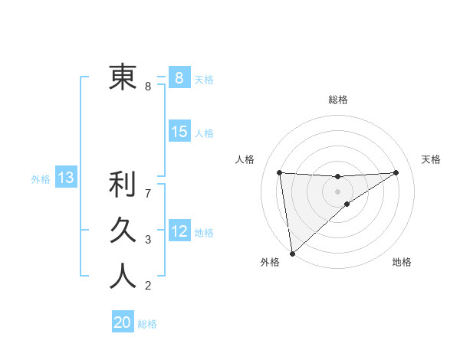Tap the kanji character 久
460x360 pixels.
pyautogui.click(x=122, y=229)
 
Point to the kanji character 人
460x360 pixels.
pyautogui.click(x=122, y=275)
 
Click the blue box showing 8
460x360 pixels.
pyautogui.click(x=179, y=77)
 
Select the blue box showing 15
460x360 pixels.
pyautogui.click(x=179, y=132)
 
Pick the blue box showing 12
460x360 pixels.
pyautogui.click(x=179, y=231)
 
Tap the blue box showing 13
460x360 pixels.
pyautogui.click(x=66, y=178)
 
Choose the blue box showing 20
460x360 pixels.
pyautogui.click(x=123, y=322)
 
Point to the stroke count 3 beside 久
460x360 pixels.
pyautogui.click(x=148, y=240)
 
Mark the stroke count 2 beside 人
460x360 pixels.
pyautogui.click(x=148, y=286)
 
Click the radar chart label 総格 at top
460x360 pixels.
pyautogui.click(x=337, y=100)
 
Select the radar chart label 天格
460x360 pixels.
pyautogui.click(x=431, y=159)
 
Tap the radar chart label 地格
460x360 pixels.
pyautogui.click(x=402, y=263)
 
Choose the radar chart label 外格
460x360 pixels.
pyautogui.click(x=270, y=263)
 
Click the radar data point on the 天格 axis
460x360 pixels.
pyautogui.click(x=396, y=172)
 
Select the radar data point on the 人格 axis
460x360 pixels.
pyautogui.click(x=280, y=172)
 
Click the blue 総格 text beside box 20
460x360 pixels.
pyautogui.click(x=147, y=324)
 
